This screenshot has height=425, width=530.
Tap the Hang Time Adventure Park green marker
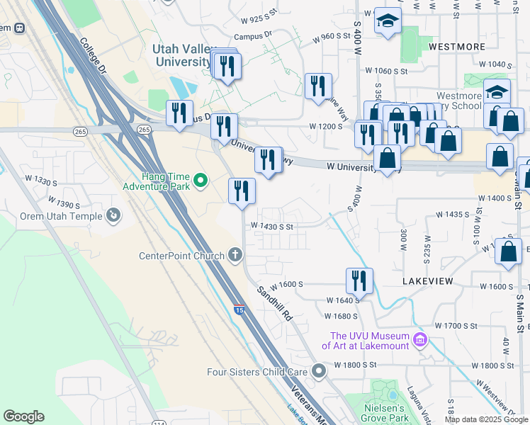point(200,182)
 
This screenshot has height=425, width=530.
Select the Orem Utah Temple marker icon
point(113,214)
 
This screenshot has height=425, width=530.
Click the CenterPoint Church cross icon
point(237,255)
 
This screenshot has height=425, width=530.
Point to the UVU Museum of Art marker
point(420,341)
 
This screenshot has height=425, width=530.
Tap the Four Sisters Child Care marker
point(319,370)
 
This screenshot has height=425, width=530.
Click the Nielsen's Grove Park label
point(383,413)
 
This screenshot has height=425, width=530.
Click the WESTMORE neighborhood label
point(457,47)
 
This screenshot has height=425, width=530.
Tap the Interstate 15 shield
point(239,309)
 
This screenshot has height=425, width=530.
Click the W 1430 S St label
point(271,227)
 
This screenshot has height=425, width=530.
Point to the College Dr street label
point(94,57)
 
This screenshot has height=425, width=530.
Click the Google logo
point(23,416)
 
